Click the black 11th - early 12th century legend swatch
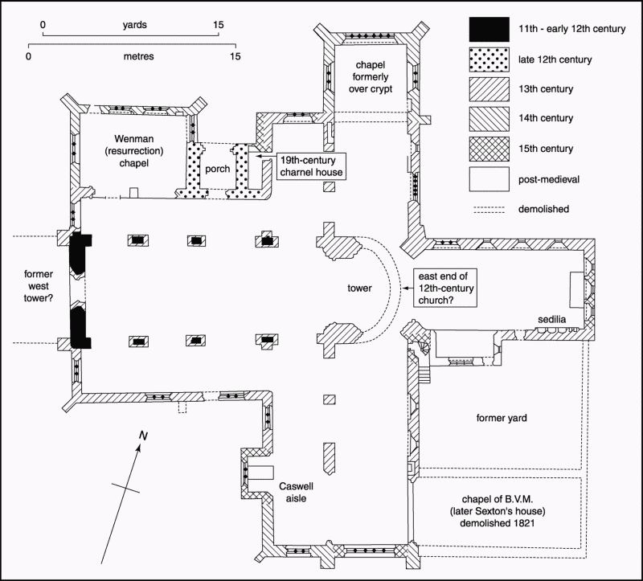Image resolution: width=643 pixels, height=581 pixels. click(x=489, y=29)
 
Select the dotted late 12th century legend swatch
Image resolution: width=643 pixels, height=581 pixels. click(x=489, y=59)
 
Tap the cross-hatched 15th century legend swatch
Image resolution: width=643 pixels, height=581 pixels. click(x=489, y=149)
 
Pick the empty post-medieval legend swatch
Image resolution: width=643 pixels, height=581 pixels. click(x=489, y=179)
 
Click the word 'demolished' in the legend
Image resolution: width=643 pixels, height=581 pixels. click(x=543, y=209)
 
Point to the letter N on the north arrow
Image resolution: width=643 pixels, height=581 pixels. click(x=143, y=436)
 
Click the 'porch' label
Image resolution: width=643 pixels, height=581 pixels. click(x=217, y=169)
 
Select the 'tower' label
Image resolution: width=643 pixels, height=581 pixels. click(x=359, y=288)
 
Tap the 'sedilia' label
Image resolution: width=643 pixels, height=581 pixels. click(x=551, y=319)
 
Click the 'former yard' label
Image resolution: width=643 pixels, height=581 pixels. click(x=502, y=418)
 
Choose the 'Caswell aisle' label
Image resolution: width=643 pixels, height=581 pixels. click(x=296, y=493)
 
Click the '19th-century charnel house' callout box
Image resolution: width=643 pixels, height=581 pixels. click(x=311, y=166)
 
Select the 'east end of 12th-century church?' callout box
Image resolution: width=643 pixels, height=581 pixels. click(x=446, y=288)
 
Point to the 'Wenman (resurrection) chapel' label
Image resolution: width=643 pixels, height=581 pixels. click(x=134, y=151)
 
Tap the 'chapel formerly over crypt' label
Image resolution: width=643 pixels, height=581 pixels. click(x=371, y=76)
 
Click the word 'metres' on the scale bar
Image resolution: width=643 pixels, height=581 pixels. click(x=138, y=56)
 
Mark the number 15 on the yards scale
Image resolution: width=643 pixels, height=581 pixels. click(x=219, y=25)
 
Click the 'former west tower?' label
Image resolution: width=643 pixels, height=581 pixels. click(x=39, y=286)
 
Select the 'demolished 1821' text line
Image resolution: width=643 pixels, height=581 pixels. click(x=497, y=523)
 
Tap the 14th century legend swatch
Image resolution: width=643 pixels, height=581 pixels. click(x=489, y=119)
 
